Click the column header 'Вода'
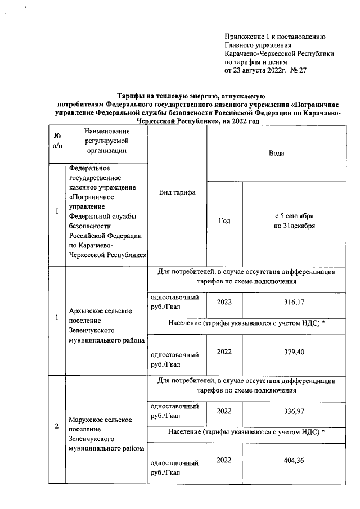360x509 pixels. pyautogui.click(x=276, y=152)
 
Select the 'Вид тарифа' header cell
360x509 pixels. pyautogui.click(x=177, y=193)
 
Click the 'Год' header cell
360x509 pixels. pyautogui.click(x=224, y=221)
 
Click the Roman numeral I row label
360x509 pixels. pyautogui.click(x=57, y=211)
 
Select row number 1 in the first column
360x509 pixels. pyautogui.click(x=57, y=318)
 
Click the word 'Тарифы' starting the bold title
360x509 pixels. pyautogui.click(x=129, y=97)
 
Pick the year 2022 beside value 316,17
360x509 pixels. pyautogui.click(x=224, y=303)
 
